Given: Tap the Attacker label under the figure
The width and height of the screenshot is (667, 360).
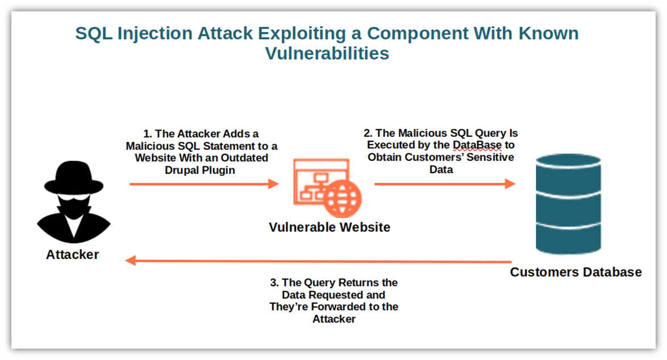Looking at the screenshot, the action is click(72, 254).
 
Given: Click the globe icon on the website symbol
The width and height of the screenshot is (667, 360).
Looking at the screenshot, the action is click(343, 199).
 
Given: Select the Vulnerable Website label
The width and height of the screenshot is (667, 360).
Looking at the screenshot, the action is click(330, 227).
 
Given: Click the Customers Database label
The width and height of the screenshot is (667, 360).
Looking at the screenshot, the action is click(576, 272).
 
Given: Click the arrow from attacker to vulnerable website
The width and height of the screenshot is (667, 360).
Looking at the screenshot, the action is click(204, 184).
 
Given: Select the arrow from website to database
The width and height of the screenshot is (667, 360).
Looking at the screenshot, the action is click(445, 184).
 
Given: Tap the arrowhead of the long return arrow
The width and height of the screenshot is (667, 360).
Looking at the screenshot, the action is click(131, 261).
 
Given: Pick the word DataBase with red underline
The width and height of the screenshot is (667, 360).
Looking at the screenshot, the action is click(477, 145).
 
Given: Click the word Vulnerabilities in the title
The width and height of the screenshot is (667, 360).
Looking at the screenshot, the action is click(327, 53).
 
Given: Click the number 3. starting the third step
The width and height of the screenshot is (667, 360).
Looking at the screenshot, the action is click(274, 283).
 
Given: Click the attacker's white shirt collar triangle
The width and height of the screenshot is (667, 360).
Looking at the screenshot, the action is click(74, 227).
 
